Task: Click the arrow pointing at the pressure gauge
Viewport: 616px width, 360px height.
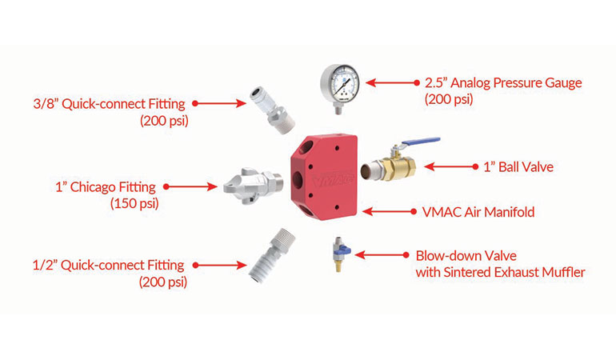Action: [x=390, y=82]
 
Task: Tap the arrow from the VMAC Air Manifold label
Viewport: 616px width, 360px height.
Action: [x=388, y=212]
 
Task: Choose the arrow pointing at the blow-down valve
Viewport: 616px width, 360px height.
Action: [x=381, y=256]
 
